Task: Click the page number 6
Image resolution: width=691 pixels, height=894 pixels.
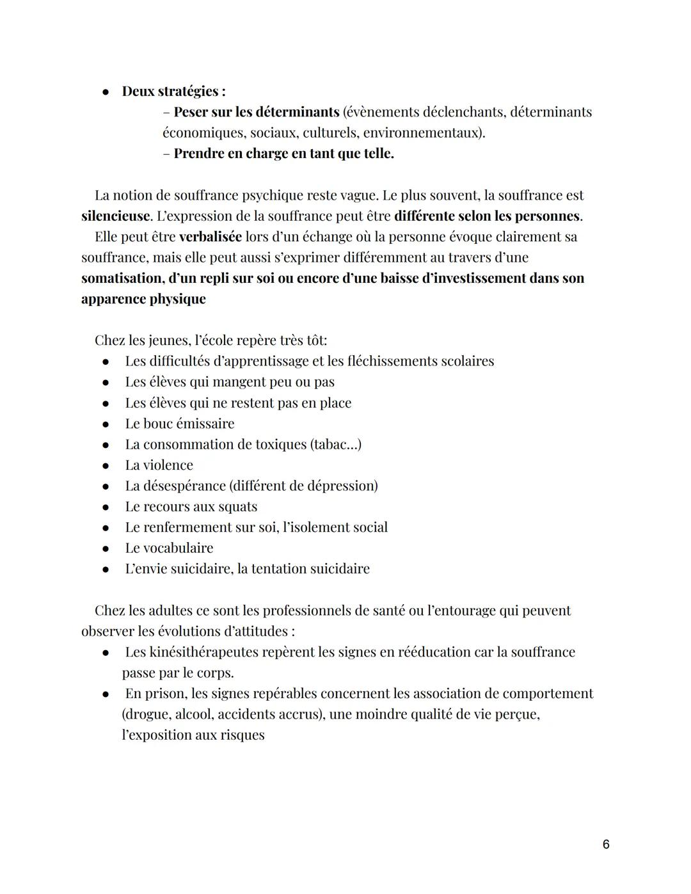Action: pyautogui.click(x=606, y=845)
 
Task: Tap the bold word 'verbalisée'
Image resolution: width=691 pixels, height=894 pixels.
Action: pyautogui.click(x=210, y=237)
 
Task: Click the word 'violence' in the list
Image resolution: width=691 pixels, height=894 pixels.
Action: pyautogui.click(x=168, y=465)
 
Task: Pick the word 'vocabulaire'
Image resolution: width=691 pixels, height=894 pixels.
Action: pyautogui.click(x=178, y=548)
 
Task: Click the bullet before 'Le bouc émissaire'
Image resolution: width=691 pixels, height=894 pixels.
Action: pyautogui.click(x=106, y=424)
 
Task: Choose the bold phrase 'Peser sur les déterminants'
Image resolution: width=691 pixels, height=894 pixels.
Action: pyautogui.click(x=256, y=112)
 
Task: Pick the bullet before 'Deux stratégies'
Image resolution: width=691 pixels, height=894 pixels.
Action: pyautogui.click(x=106, y=92)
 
